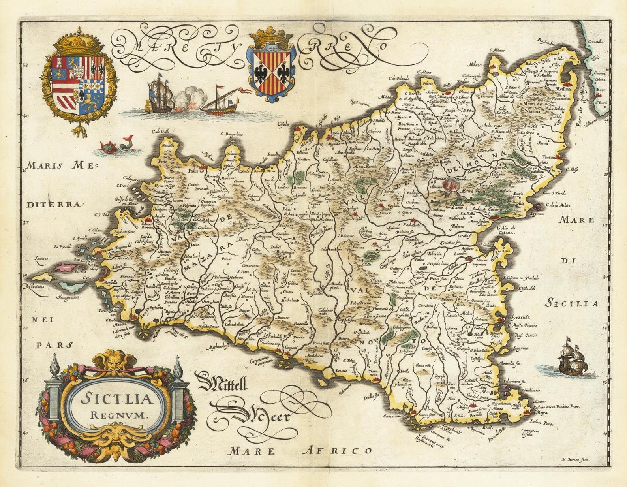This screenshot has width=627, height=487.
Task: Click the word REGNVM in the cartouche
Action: [118, 415]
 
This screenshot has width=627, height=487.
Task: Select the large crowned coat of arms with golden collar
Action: [80, 83]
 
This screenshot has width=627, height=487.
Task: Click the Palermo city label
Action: [195, 171]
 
